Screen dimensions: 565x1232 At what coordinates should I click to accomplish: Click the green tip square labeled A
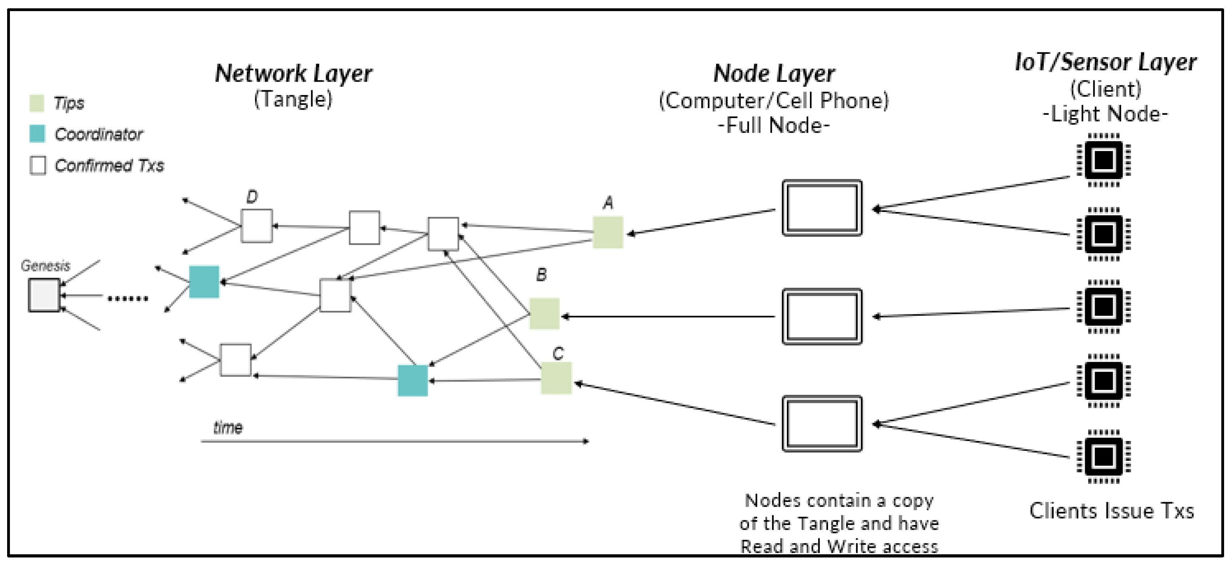point(607,232)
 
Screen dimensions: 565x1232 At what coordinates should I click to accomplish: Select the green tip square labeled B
point(544,313)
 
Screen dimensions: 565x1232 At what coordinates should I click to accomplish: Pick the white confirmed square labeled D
point(257,226)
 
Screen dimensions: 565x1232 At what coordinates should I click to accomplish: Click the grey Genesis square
point(44,295)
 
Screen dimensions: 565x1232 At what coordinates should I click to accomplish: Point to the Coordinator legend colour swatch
point(37,134)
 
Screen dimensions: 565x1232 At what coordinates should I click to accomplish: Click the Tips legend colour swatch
point(37,103)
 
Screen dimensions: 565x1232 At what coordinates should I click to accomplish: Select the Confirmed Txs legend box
point(38,165)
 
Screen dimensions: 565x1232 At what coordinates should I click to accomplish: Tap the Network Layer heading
point(293,74)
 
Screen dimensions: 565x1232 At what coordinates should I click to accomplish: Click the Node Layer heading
point(774,74)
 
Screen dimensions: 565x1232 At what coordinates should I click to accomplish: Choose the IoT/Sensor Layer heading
point(1105,62)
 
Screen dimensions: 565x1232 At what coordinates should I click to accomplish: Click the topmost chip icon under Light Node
point(1103,160)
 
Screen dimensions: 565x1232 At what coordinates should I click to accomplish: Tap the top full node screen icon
point(822,208)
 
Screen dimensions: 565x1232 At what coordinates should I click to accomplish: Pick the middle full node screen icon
point(822,316)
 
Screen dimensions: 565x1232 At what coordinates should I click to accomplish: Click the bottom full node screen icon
point(822,424)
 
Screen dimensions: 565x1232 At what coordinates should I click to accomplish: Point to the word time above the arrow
point(228,427)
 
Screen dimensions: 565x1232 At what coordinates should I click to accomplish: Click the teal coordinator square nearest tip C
point(412,380)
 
